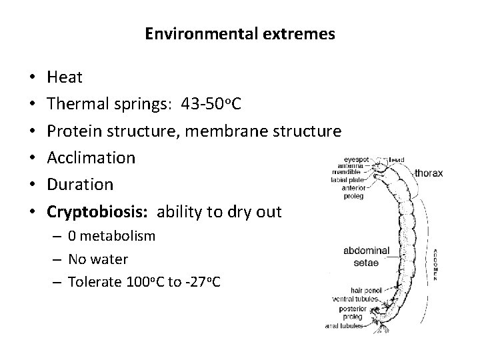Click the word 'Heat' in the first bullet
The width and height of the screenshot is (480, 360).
pos(65,77)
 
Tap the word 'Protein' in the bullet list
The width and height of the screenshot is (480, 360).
pos(74,131)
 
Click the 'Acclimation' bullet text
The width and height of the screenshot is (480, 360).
pos(91,159)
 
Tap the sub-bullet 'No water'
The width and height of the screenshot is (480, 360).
pos(98,259)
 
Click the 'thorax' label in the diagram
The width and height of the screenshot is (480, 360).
pos(428,173)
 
